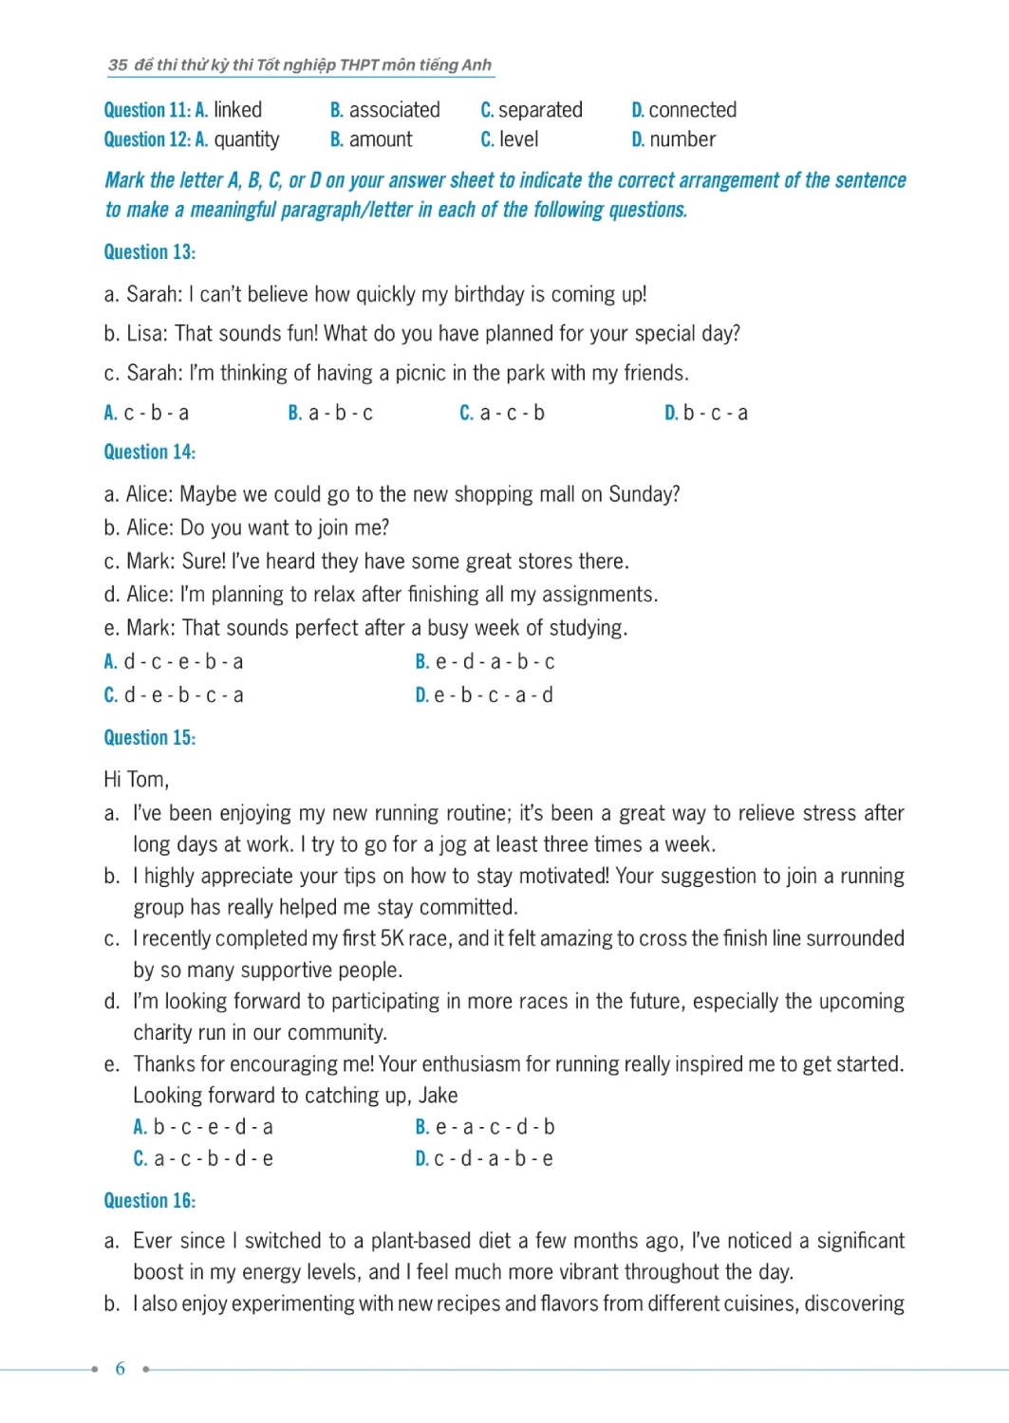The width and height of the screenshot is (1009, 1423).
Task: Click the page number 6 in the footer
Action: [120, 1368]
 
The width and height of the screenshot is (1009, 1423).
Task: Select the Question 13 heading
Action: [149, 252]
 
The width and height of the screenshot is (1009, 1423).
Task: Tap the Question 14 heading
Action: [149, 453]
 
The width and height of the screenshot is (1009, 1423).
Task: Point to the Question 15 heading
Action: [149, 738]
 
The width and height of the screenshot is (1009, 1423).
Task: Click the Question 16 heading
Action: [149, 1201]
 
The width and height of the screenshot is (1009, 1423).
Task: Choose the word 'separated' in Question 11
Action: [540, 110]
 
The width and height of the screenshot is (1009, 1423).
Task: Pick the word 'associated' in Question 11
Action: [394, 110]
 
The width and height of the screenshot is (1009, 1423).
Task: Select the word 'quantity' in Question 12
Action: [246, 140]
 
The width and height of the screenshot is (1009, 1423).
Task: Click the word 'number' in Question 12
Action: [682, 139]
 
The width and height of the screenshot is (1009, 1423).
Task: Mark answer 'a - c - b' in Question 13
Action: [512, 414]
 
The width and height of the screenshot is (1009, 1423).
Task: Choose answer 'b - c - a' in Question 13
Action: [715, 414]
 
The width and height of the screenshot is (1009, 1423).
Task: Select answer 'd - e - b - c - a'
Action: [184, 695]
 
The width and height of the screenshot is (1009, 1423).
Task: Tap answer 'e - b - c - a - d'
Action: [494, 695]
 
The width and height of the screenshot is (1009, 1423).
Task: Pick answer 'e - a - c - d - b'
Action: [495, 1127]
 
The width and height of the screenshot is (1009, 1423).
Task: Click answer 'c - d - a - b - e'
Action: [494, 1158]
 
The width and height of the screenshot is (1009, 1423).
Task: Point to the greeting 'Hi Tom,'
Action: [136, 780]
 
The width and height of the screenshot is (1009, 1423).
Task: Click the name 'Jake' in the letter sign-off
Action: [438, 1096]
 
